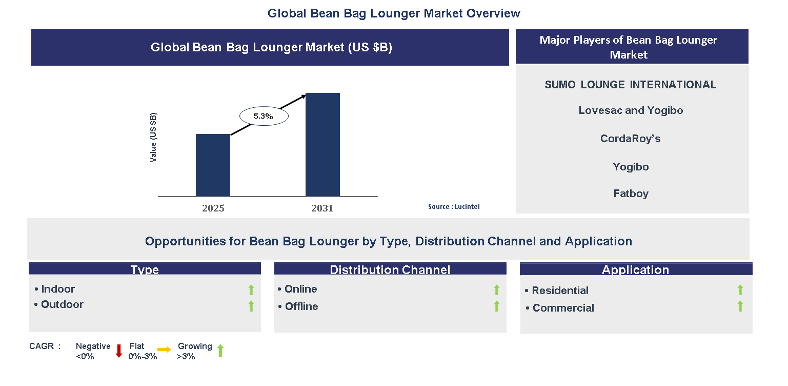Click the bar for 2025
(x=213, y=165)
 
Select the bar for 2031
(x=322, y=144)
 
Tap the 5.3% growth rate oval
(x=264, y=117)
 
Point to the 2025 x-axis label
(x=213, y=208)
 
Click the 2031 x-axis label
(x=322, y=208)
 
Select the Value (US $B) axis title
(x=153, y=138)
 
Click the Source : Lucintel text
(x=454, y=206)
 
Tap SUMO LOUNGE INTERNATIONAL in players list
(x=630, y=85)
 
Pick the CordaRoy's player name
(x=630, y=139)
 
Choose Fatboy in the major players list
(x=631, y=194)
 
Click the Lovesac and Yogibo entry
(x=630, y=110)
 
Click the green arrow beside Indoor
(x=251, y=290)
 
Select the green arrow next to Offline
(x=496, y=306)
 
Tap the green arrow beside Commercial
(x=740, y=306)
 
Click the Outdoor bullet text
(x=62, y=304)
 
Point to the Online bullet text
(x=300, y=289)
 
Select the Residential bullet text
(x=560, y=291)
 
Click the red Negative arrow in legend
(x=119, y=351)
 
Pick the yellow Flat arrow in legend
(x=164, y=350)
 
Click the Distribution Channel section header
(x=390, y=269)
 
